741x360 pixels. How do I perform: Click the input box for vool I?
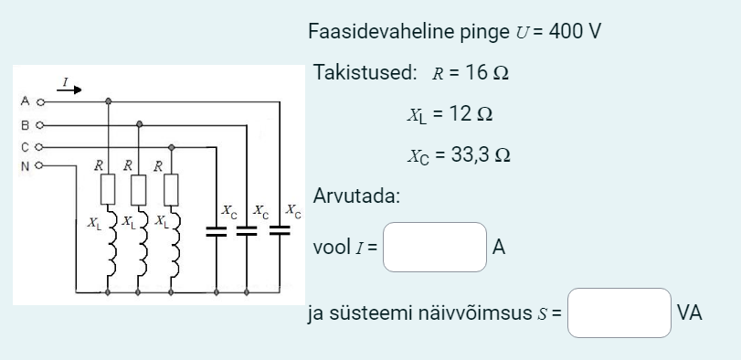click(x=434, y=247)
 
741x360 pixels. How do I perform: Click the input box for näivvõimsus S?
click(x=619, y=313)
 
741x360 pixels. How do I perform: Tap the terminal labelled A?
click(x=39, y=101)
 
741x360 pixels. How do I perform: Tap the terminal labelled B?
click(x=39, y=123)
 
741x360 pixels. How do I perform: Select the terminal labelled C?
click(x=39, y=145)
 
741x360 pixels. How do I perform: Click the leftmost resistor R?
click(x=109, y=190)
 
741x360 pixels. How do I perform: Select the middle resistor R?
click(x=139, y=190)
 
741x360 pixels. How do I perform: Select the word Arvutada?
click(x=355, y=196)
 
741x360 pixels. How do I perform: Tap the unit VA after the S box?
click(x=690, y=313)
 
